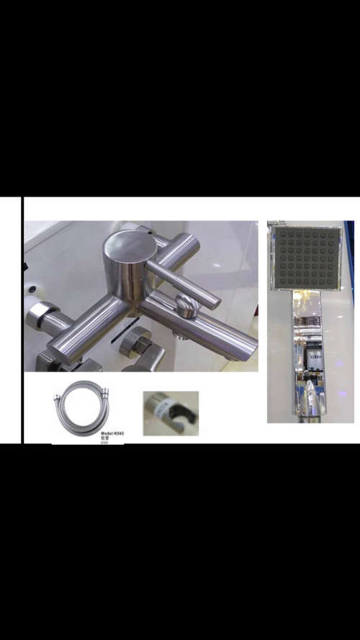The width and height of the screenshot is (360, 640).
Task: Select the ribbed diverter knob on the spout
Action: pyautogui.click(x=188, y=307)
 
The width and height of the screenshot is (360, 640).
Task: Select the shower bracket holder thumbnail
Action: pyautogui.click(x=170, y=413)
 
